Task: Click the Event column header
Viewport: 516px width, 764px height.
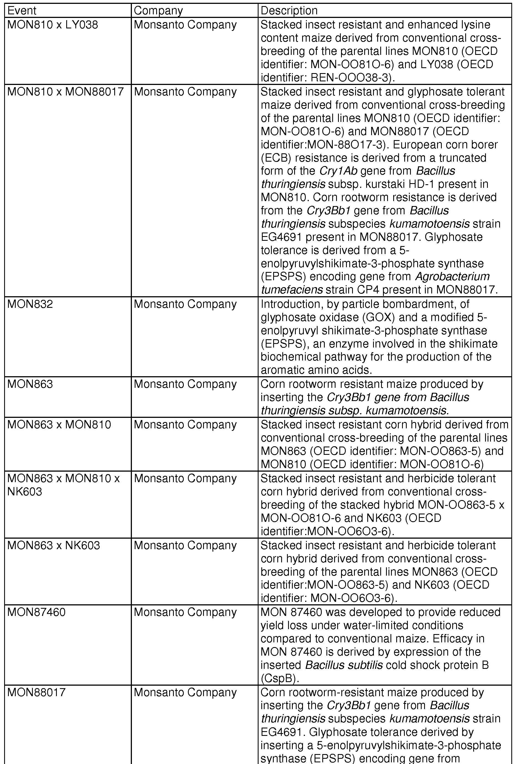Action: click(x=22, y=11)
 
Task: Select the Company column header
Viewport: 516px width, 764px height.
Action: click(x=158, y=11)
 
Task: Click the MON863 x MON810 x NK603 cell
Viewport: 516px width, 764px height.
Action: click(x=63, y=485)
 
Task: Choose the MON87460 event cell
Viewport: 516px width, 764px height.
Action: click(x=36, y=612)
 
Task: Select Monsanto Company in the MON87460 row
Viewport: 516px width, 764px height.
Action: click(x=185, y=612)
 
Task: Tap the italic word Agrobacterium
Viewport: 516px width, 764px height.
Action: click(x=452, y=276)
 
